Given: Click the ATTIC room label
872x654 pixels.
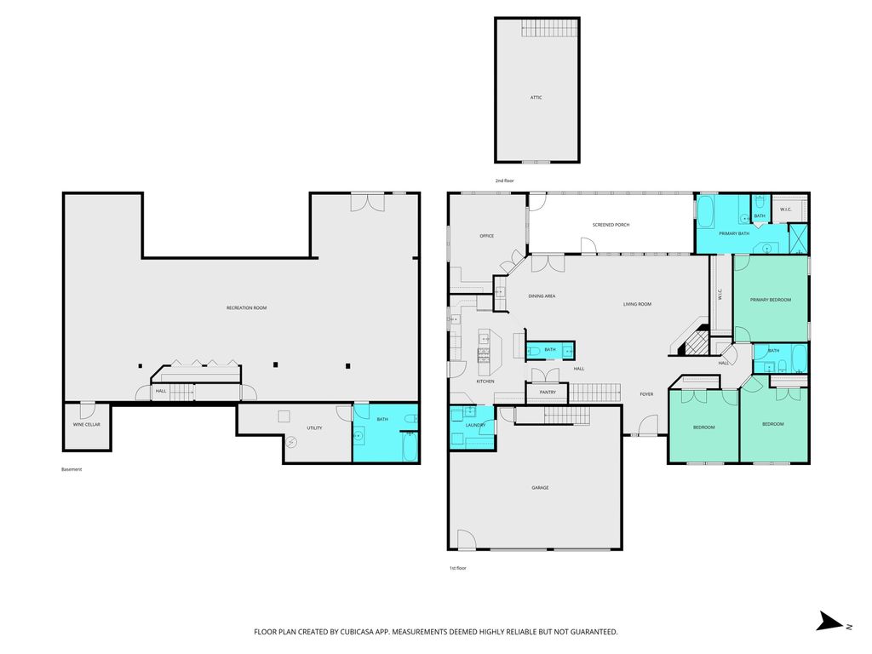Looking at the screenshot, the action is coord(536,97).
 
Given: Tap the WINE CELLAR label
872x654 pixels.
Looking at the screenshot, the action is coord(87,424).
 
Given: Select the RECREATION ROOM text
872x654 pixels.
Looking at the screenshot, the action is coord(246,307).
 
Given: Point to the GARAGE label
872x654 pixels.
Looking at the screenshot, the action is coord(540,488).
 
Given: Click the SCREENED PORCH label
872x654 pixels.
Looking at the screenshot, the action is coord(611,225).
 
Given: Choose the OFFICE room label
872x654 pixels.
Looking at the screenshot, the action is coord(486,236).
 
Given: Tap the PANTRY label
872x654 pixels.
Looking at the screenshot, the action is coord(548,392).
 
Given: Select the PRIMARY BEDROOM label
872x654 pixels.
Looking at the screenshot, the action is coord(770,300).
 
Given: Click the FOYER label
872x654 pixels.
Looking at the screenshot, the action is coord(646,394).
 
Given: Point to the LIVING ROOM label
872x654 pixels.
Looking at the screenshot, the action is coord(637,304).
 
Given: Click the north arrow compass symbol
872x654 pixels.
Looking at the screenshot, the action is coord(830,621).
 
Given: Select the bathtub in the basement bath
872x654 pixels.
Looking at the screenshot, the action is coord(410,447).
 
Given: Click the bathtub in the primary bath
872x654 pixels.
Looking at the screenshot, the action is coord(706,211).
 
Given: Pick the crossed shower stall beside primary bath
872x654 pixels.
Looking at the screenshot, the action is coord(798,238).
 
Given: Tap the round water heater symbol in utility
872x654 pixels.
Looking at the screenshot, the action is coord(291,443).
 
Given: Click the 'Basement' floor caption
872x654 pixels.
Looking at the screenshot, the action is coord(72,469).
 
